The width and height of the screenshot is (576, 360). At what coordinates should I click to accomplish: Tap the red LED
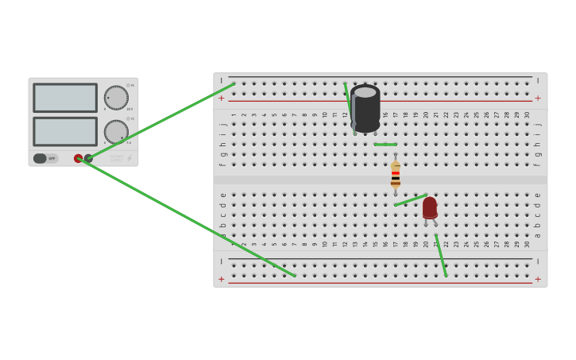[x=430, y=207]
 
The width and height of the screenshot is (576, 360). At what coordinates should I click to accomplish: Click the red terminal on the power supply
[x=78, y=158]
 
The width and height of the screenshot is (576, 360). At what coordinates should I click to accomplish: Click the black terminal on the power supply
[x=88, y=158]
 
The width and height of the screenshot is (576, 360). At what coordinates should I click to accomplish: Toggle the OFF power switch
[x=45, y=158]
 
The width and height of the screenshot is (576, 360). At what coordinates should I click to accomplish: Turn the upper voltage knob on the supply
[x=116, y=98]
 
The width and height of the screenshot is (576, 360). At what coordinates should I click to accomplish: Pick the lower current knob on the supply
[x=116, y=132]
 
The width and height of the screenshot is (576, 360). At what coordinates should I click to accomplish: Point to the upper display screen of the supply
[x=65, y=98]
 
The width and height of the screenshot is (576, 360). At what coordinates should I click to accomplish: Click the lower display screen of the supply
[x=65, y=131]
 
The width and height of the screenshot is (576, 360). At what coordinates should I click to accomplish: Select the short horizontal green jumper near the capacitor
[x=385, y=145]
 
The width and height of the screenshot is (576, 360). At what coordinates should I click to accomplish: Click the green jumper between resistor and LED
[x=411, y=200]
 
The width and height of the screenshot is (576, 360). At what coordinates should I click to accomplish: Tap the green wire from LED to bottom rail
[x=441, y=256]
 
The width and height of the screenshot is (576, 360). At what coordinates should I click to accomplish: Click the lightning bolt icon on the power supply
[x=130, y=158]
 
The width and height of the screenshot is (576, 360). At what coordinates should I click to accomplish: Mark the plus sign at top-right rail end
[x=538, y=99]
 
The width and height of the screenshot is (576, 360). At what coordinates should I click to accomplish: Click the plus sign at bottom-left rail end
[x=222, y=279]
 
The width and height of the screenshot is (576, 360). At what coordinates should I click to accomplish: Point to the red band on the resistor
[x=396, y=172]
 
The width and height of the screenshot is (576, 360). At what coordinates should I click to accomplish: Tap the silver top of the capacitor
[x=365, y=92]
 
